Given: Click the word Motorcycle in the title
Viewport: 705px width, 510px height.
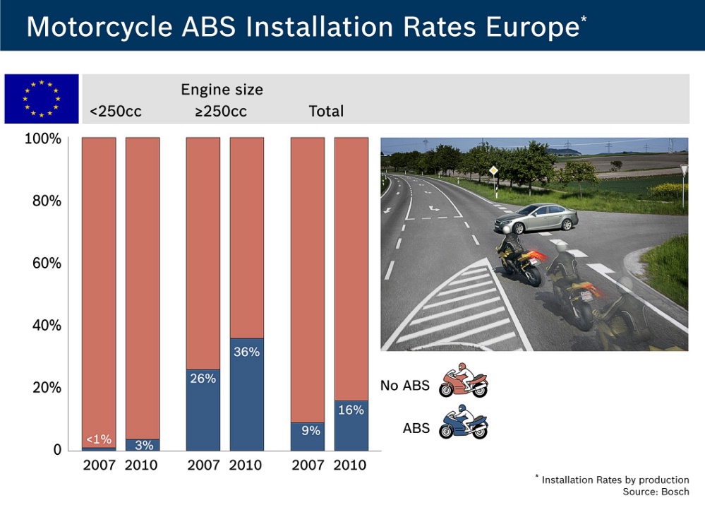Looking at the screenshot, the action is tap(100, 27).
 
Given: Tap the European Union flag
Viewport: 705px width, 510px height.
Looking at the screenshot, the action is tap(42, 99).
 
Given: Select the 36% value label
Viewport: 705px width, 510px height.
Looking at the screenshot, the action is tap(246, 352).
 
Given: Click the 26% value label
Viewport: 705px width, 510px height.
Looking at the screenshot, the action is tap(203, 378).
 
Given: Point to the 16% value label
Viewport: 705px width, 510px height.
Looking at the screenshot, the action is tap(351, 410).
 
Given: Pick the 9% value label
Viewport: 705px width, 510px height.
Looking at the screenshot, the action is tap(311, 430).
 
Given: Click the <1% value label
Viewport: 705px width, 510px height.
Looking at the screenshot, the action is tap(99, 439).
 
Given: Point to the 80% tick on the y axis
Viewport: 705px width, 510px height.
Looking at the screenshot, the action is tap(47, 201).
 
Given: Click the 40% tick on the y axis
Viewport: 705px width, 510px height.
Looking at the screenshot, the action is tap(47, 325).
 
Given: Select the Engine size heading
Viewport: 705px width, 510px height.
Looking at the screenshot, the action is tap(222, 90).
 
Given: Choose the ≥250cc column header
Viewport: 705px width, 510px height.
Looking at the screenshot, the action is tap(221, 111).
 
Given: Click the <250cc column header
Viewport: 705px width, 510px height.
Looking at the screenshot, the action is tap(116, 111).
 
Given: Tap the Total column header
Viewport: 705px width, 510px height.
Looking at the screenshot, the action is tap(326, 111).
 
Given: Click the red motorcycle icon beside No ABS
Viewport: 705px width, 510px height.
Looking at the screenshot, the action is tap(463, 380).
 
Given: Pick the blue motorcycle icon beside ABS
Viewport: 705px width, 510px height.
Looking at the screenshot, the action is tap(463, 422).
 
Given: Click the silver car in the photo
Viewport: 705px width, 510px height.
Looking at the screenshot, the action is tap(536, 218).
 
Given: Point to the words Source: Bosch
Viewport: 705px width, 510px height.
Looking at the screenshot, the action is tap(656, 492).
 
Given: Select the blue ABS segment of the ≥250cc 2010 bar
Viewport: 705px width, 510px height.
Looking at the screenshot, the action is tap(247, 394).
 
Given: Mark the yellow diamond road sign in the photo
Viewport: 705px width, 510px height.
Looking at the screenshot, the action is tap(494, 171).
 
